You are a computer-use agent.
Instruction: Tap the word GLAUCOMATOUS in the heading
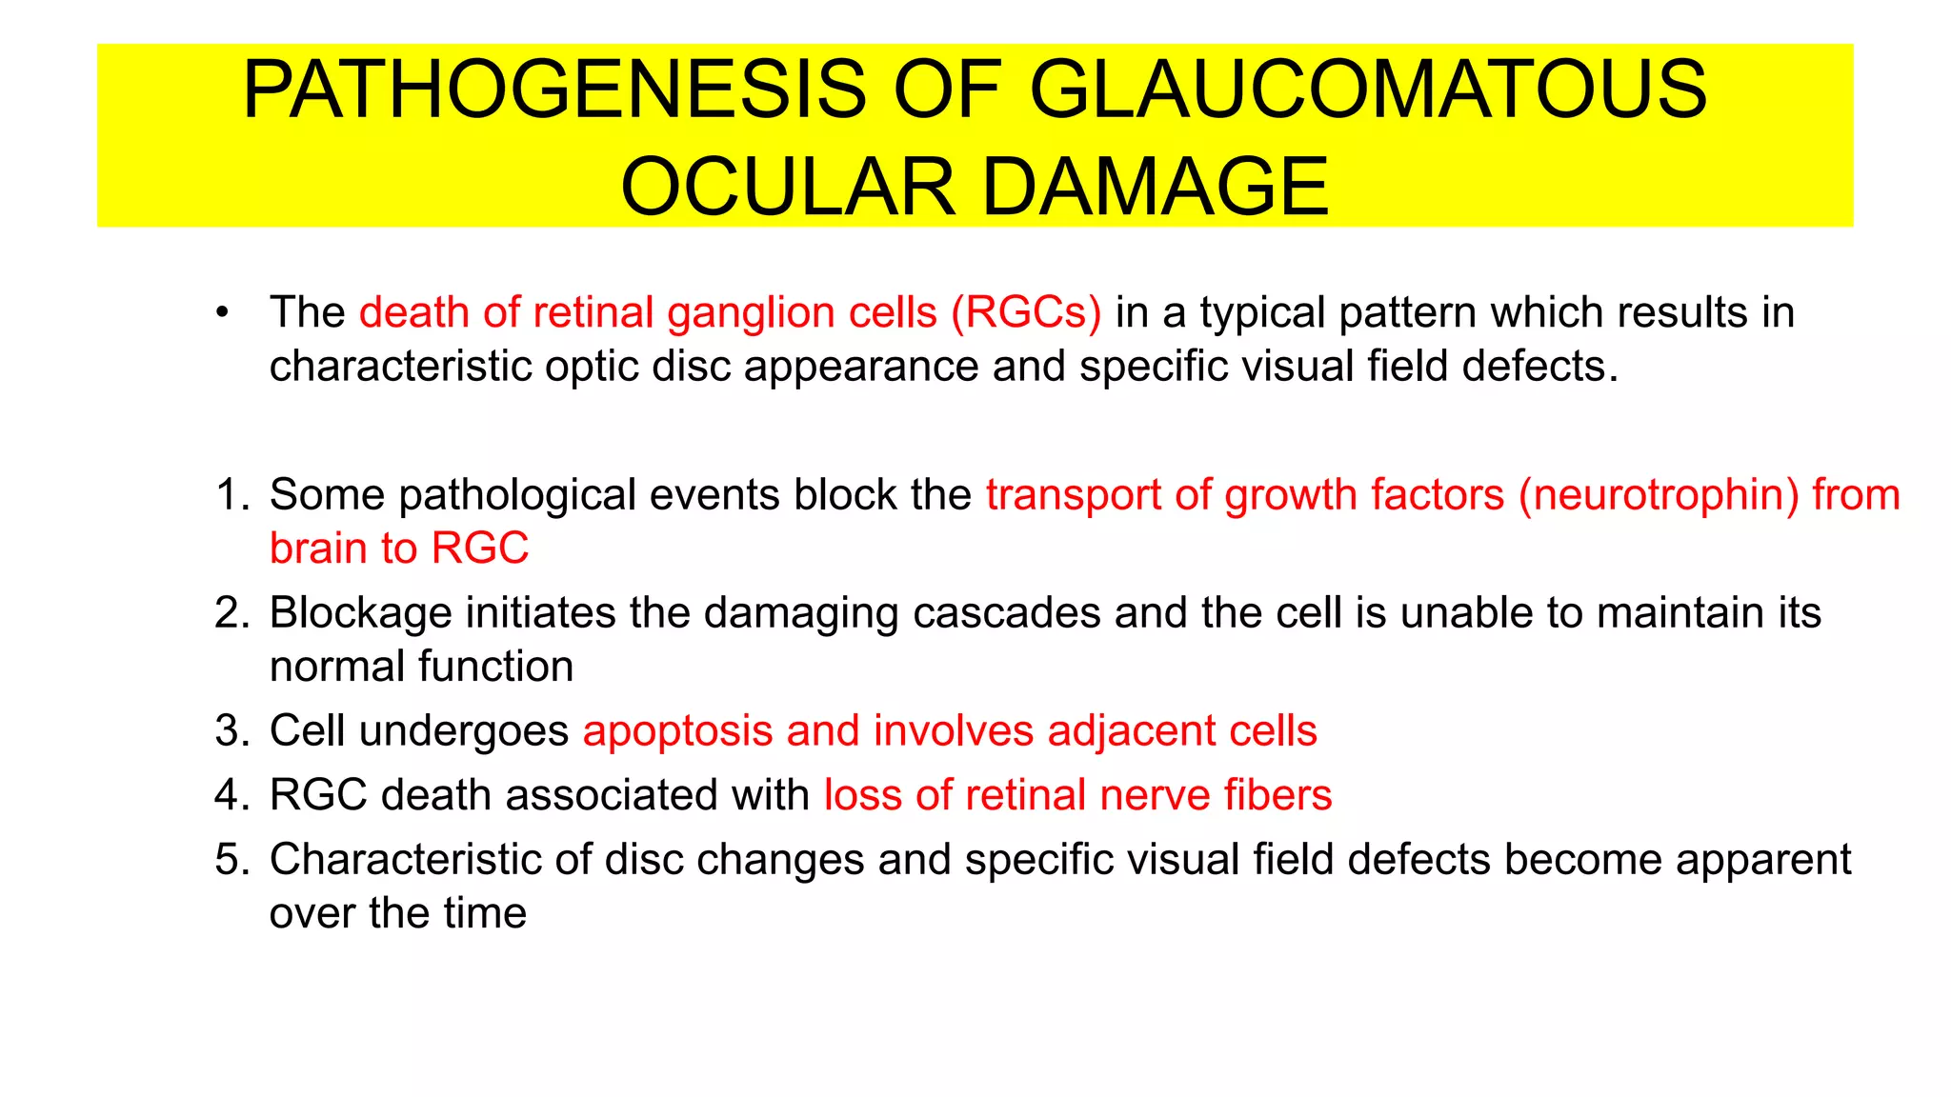(1368, 90)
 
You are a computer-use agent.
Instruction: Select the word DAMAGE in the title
(1155, 187)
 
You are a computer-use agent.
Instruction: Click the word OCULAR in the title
(788, 187)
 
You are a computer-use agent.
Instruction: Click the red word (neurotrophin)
(1659, 495)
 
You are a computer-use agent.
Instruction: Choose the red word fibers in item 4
(1277, 795)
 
